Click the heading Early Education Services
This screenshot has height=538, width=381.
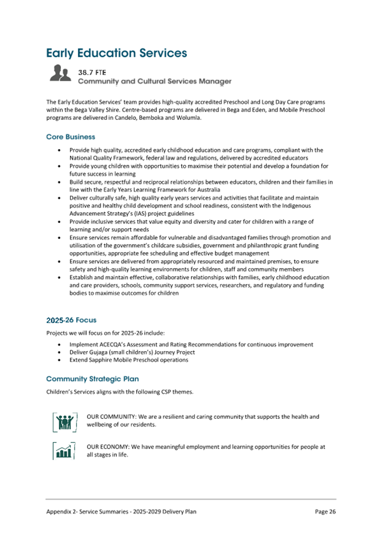[116, 53]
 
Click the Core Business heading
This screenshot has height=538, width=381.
[71, 137]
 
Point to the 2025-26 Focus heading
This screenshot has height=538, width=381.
[71, 320]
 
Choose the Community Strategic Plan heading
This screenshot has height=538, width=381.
[92, 378]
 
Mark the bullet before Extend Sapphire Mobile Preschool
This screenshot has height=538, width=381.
[60, 360]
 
